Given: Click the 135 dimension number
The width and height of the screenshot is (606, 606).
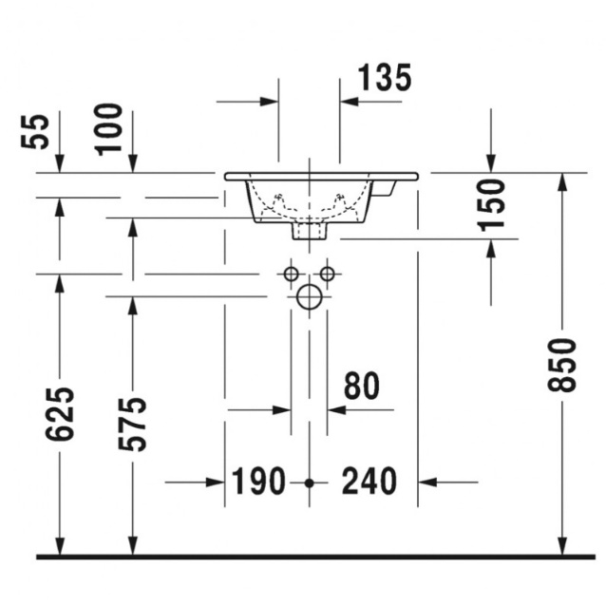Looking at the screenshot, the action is click(x=385, y=78).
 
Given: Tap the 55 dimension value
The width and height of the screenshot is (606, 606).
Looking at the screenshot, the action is click(x=35, y=131).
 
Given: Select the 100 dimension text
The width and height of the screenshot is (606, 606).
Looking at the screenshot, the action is click(x=108, y=129).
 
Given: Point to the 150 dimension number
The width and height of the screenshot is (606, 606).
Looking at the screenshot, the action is click(x=490, y=205).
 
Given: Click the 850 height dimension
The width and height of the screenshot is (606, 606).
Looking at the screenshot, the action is click(x=562, y=365).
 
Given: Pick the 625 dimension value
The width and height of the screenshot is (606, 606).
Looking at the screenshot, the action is click(x=60, y=413).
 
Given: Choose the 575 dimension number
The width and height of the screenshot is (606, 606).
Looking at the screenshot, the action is click(x=133, y=424).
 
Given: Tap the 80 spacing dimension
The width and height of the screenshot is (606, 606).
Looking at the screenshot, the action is click(x=362, y=386).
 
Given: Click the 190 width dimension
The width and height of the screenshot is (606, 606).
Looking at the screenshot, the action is click(x=258, y=482).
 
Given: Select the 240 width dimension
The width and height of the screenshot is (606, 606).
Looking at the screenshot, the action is click(x=369, y=482).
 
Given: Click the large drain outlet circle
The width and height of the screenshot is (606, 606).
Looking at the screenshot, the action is click(x=310, y=296).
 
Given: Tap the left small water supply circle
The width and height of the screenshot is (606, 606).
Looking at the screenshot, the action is click(x=291, y=274).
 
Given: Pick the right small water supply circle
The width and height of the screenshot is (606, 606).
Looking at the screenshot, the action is click(x=328, y=274).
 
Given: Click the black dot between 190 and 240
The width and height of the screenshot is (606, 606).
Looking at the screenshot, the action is click(x=309, y=483).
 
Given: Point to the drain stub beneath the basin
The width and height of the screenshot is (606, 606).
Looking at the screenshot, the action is click(x=310, y=231).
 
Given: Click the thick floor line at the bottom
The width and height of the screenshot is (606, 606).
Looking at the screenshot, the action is click(x=315, y=557).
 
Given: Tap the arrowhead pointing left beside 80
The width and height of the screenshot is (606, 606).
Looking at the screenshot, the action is click(x=336, y=409).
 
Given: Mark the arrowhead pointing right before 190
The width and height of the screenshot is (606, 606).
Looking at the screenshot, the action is click(x=216, y=483).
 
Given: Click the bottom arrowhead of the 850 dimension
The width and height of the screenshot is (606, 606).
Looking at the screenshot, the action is click(x=562, y=545).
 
